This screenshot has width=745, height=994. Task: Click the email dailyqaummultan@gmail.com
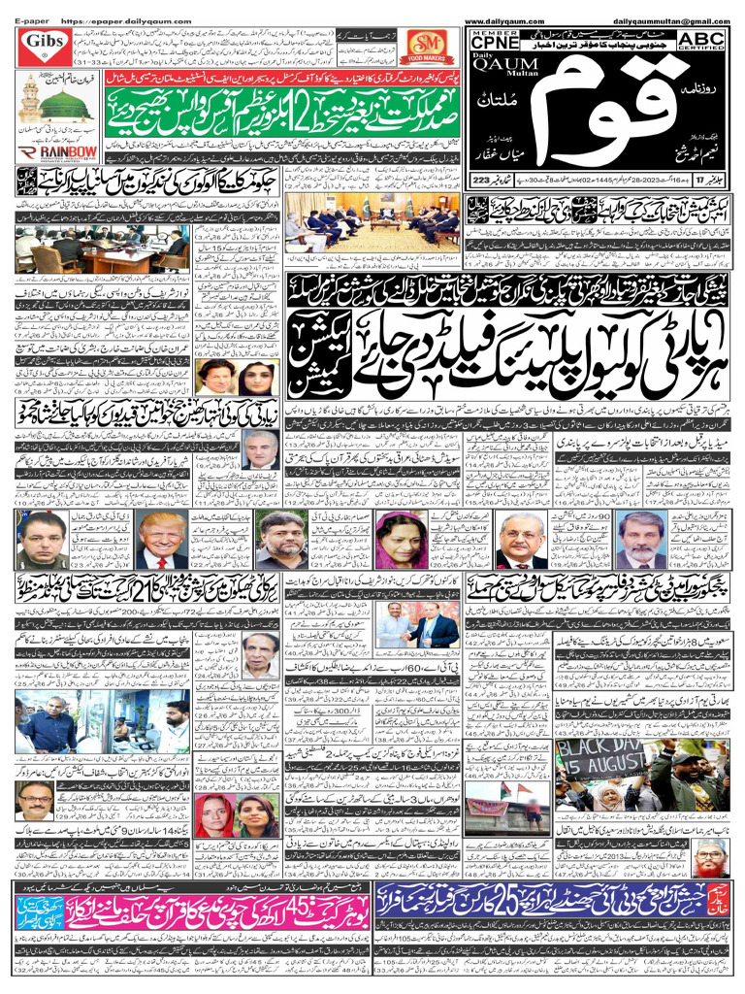pyautogui.click(x=664, y=20)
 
